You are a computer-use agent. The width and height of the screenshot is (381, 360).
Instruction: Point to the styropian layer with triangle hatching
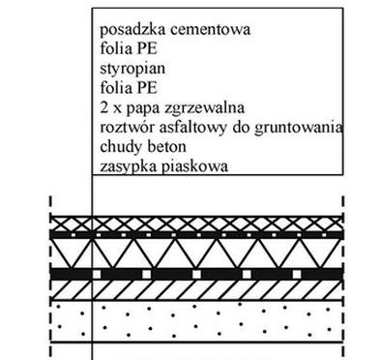pos(193,255)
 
